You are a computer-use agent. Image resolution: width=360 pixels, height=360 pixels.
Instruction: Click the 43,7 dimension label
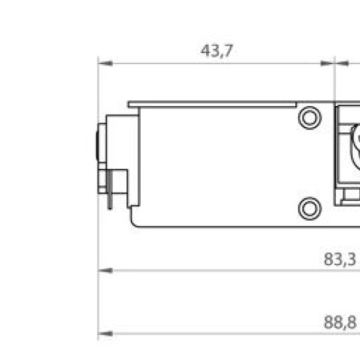217,51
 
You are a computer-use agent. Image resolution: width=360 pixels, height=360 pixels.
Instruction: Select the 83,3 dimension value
340,259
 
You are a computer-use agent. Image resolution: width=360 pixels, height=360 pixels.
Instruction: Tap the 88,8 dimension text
340,322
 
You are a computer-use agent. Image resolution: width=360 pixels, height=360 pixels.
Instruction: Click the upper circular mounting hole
310,118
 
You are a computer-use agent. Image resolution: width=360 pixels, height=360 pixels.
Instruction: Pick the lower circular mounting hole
310,209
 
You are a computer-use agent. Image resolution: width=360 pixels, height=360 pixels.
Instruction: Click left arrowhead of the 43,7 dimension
105,63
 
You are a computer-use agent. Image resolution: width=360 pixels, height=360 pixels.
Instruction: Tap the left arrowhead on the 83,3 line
105,271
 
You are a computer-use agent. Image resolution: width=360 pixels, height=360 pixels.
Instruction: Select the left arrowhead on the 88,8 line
105,334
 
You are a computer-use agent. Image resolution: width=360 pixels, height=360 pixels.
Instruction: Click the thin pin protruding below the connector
110,190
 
